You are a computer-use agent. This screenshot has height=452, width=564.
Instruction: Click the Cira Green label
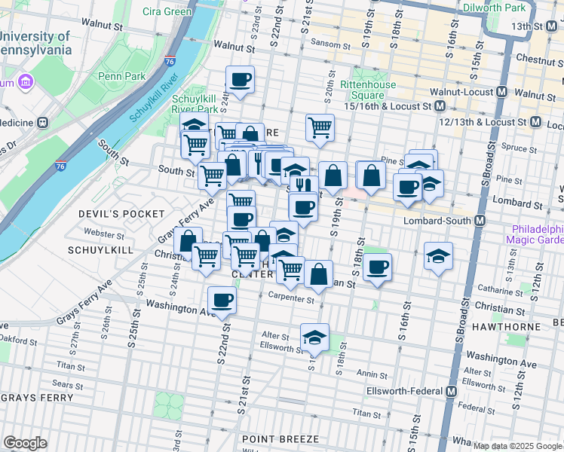(x=167, y=11)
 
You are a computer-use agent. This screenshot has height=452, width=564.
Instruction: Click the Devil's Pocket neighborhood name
(x=111, y=214)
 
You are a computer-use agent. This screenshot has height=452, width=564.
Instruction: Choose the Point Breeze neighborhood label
(x=280, y=438)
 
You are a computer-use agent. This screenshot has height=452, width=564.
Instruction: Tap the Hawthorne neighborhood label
(x=507, y=327)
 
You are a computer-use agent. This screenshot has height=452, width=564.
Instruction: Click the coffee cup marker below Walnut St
(x=240, y=79)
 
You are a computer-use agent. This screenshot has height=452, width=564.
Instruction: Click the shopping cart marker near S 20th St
(x=320, y=127)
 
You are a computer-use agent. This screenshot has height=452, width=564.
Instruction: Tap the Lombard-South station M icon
(x=480, y=220)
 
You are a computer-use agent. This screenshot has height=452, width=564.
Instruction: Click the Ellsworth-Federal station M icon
(x=451, y=392)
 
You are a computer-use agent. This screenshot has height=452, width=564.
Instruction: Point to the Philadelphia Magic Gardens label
(x=538, y=234)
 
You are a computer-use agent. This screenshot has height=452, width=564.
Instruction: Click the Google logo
(x=25, y=443)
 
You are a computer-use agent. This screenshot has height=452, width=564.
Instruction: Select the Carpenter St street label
(x=290, y=298)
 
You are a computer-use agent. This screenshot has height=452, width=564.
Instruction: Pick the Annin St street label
(x=372, y=374)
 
